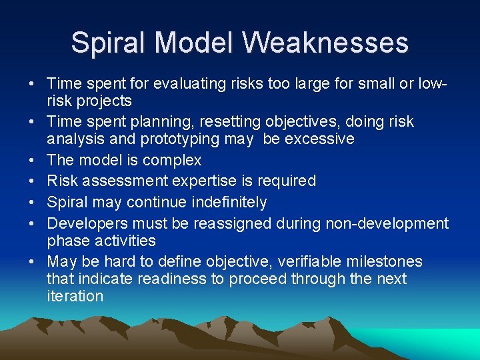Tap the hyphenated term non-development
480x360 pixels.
[x=387, y=223]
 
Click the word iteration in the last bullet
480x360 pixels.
[x=75, y=296]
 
